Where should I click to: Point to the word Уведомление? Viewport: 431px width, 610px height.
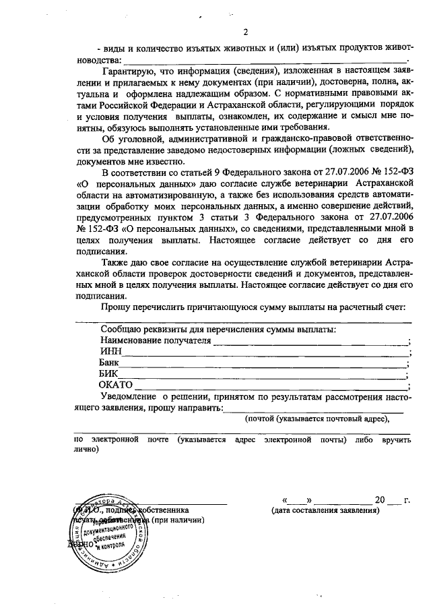131,397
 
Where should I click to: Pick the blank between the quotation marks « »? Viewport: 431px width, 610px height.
298,501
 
